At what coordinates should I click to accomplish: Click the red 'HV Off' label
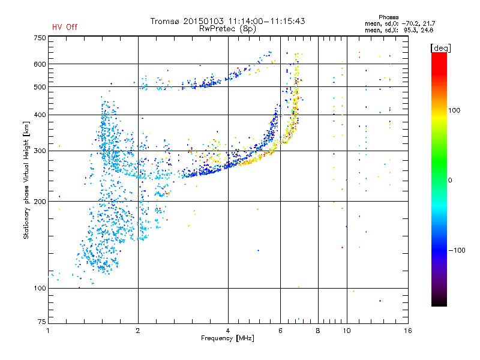click(x=65, y=27)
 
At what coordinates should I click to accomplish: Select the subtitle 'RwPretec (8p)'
click(x=227, y=29)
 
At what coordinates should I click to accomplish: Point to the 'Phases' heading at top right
click(x=388, y=17)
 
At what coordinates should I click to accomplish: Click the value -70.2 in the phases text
click(x=411, y=23)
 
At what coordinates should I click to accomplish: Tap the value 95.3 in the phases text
click(x=412, y=30)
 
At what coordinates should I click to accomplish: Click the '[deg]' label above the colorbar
click(x=440, y=48)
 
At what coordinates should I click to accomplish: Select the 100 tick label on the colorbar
click(x=454, y=110)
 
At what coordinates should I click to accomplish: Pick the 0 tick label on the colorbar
click(x=450, y=181)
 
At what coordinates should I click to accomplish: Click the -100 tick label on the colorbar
click(x=457, y=250)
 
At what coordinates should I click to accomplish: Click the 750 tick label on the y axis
click(x=40, y=38)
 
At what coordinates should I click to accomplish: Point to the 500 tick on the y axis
click(x=40, y=87)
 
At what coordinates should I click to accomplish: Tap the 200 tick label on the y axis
click(x=40, y=202)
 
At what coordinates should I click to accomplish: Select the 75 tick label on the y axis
click(x=42, y=322)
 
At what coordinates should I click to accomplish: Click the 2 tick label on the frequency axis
click(x=138, y=331)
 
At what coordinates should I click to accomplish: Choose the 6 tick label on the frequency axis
click(x=280, y=331)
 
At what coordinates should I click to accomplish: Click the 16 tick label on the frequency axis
click(x=408, y=331)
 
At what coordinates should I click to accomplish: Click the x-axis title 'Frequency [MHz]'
click(x=227, y=338)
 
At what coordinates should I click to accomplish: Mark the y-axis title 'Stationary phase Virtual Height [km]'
click(x=26, y=180)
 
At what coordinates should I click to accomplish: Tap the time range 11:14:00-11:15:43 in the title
click(x=266, y=21)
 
